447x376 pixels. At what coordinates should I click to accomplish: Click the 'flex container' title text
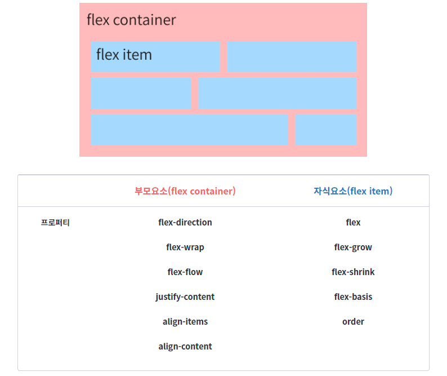click(x=131, y=20)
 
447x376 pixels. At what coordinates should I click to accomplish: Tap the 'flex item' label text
click(x=124, y=55)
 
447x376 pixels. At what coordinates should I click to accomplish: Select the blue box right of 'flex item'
click(x=292, y=56)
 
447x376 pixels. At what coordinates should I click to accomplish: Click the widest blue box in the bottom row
click(x=189, y=130)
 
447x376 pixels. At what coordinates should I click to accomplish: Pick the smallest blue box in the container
click(x=326, y=130)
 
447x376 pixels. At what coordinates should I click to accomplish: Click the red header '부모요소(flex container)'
click(x=185, y=191)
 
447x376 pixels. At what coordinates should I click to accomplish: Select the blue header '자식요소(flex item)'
click(x=353, y=191)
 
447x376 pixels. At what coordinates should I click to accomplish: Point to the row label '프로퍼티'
click(x=55, y=223)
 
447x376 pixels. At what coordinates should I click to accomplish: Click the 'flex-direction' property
click(x=185, y=223)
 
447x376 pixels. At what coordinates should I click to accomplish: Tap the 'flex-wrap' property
click(x=185, y=247)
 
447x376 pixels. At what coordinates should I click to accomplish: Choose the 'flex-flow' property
click(x=185, y=272)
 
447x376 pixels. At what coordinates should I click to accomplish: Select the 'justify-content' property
click(x=185, y=297)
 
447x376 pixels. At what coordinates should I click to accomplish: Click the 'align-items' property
click(x=185, y=322)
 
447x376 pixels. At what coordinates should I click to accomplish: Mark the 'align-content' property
click(x=185, y=347)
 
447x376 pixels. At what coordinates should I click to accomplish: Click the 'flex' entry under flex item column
click(x=353, y=223)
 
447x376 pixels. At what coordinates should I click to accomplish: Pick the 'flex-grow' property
click(x=353, y=247)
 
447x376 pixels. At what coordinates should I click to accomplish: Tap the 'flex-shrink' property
click(x=353, y=272)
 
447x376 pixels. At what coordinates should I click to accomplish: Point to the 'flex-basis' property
click(x=353, y=297)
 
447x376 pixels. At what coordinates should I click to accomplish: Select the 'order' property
click(x=353, y=322)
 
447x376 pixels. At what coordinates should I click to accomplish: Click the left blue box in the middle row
click(x=141, y=93)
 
